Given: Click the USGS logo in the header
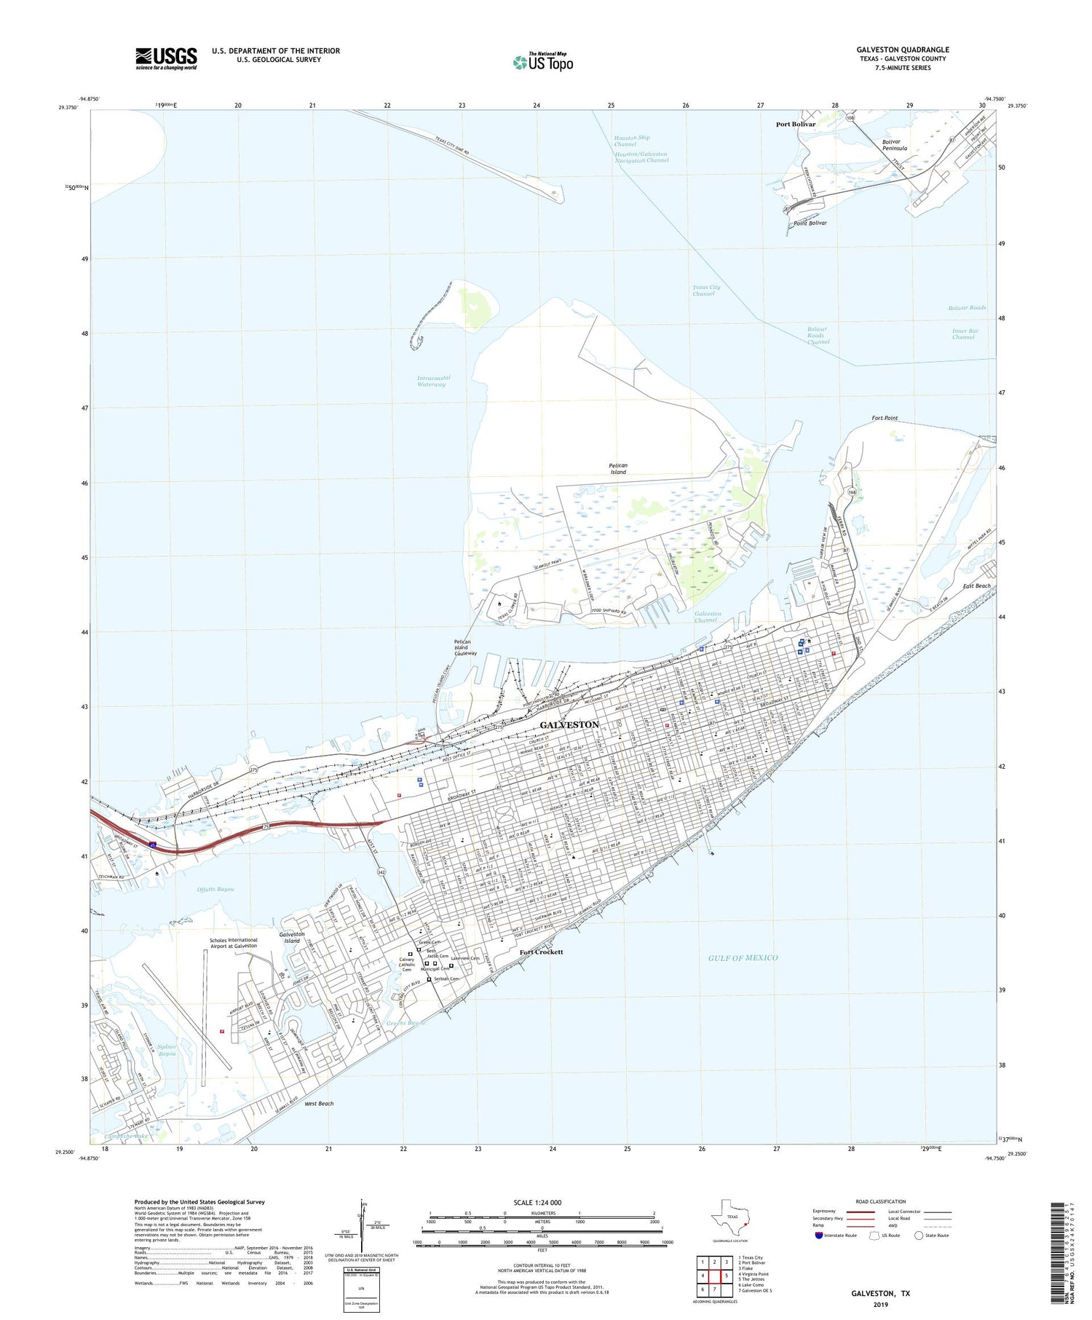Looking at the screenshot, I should [166, 58].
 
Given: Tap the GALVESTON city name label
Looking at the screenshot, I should [569, 724].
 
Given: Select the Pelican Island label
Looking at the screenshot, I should [617, 468].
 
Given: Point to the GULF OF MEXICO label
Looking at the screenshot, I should [743, 957].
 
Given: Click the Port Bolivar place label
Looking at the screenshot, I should [795, 124].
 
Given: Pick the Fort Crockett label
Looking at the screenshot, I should [541, 952].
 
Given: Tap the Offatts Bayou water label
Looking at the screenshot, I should [215, 889].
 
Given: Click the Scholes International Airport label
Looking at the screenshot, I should [233, 942].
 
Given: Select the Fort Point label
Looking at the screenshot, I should [885, 418].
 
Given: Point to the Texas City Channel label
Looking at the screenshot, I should [706, 290].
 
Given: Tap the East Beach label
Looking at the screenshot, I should [976, 585].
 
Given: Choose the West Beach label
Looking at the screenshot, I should [319, 1103].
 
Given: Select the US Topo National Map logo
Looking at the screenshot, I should [543, 62].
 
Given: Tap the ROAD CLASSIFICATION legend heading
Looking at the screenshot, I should [881, 1201].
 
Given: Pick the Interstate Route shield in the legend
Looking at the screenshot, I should [819, 1235].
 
